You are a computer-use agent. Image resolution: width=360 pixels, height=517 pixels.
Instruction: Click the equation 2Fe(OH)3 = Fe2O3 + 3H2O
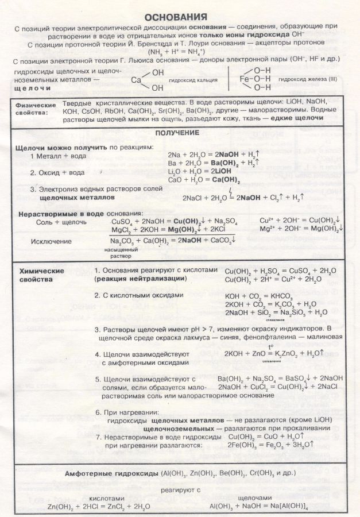click(x=272, y=444)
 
